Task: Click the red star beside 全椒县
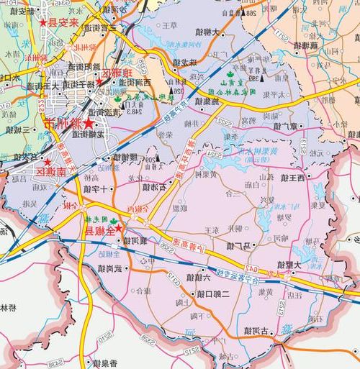tap(120, 232)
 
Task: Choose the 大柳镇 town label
tap(211, 33)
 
